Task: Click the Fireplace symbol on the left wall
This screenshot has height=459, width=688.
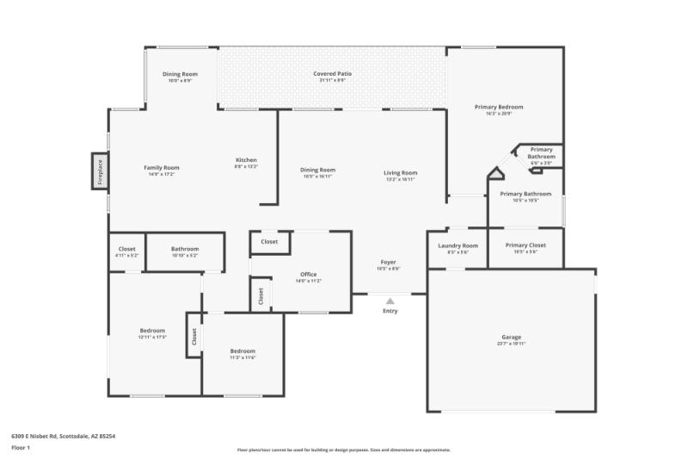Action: coord(100,170)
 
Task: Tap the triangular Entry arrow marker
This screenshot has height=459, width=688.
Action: coord(390,301)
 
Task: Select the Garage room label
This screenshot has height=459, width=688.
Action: coord(512,337)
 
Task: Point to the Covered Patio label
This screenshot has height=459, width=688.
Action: coord(332,74)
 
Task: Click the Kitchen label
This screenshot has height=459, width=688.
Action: coord(246,160)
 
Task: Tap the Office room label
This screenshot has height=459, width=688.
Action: coord(308,275)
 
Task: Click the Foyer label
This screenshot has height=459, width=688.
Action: coord(389,262)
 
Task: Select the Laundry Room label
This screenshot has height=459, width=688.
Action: coord(458,245)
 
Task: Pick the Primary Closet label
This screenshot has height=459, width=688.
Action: coord(525,245)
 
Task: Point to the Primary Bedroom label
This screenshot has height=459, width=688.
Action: coord(499,107)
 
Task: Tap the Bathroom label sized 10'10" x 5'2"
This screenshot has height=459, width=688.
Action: coord(185,249)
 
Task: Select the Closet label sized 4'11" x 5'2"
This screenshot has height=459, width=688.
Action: coord(126,249)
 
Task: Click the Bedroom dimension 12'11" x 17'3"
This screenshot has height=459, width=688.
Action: coord(152,336)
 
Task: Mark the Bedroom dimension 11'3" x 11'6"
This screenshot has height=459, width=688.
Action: coord(243,357)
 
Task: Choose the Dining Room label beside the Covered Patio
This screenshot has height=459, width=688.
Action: coord(180,74)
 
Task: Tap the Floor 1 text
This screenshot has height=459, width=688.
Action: coord(21,448)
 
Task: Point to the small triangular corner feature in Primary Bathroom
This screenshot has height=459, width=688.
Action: coord(496,175)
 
